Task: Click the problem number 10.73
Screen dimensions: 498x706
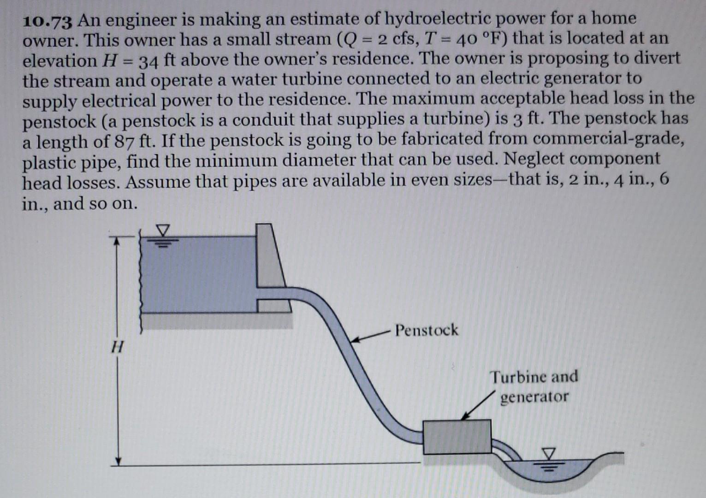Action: pyautogui.click(x=48, y=21)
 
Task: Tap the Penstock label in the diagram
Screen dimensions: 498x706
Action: pyautogui.click(x=427, y=330)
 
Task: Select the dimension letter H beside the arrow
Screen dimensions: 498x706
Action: pyautogui.click(x=118, y=346)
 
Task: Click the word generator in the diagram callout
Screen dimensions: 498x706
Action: pyautogui.click(x=534, y=397)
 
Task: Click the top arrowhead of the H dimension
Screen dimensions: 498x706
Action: pyautogui.click(x=118, y=240)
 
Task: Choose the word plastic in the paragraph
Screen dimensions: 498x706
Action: pyautogui.click(x=49, y=162)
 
